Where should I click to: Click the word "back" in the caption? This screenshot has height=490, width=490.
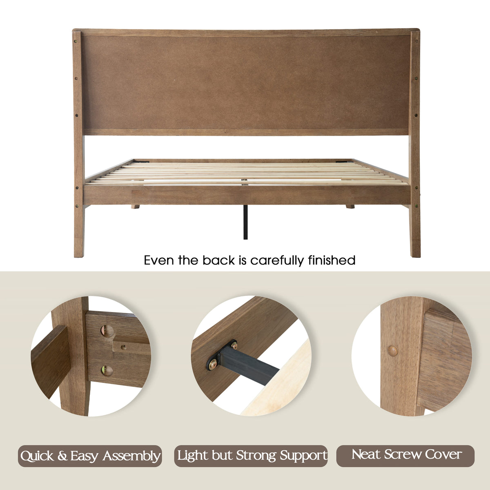point(218,260)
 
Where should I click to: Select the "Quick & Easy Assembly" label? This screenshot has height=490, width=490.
point(90,456)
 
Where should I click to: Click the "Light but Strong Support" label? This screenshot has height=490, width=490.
point(251,456)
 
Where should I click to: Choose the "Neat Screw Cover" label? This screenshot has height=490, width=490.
point(405,456)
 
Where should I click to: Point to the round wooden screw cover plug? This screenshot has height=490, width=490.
point(392,351)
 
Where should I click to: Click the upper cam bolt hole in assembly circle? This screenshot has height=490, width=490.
point(107,331)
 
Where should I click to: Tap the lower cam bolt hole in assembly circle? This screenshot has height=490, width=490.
point(107,371)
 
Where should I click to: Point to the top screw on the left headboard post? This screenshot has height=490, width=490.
point(76,41)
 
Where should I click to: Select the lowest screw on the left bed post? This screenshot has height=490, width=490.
point(77,206)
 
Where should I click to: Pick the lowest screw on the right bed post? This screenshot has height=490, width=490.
point(416,206)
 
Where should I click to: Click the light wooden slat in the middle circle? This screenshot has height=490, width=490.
point(280,381)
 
